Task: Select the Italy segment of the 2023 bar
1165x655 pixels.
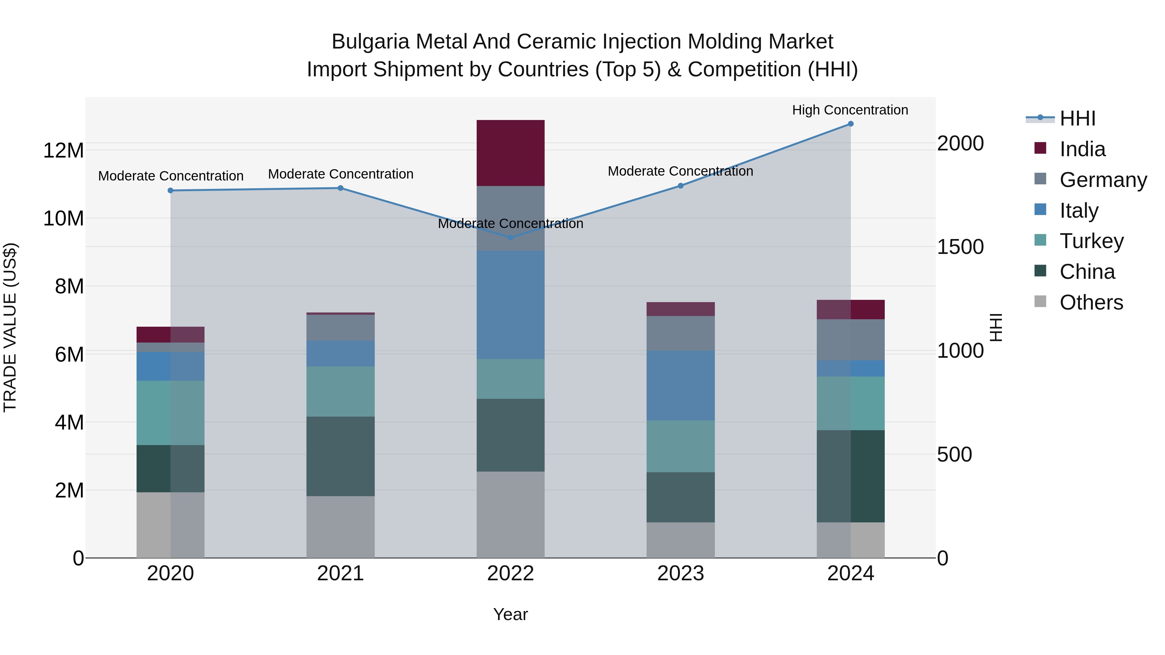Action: pyautogui.click(x=680, y=385)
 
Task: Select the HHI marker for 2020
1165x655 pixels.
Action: pyautogui.click(x=171, y=191)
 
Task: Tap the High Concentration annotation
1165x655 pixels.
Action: pyautogui.click(x=850, y=110)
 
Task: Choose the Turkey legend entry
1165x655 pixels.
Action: pyautogui.click(x=1091, y=241)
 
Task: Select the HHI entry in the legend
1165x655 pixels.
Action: pyautogui.click(x=1077, y=118)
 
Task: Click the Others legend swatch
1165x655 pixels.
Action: pyautogui.click(x=1040, y=301)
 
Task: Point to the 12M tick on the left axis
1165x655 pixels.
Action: pyautogui.click(x=63, y=150)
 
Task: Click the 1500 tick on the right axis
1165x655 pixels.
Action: pyautogui.click(x=960, y=247)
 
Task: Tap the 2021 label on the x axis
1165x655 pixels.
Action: pyautogui.click(x=340, y=573)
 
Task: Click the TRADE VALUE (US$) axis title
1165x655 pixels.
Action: pyautogui.click(x=10, y=327)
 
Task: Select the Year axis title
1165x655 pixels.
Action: pyautogui.click(x=510, y=614)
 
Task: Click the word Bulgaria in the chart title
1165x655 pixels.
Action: pyautogui.click(x=371, y=42)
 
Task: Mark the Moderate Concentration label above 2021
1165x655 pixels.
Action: pyautogui.click(x=340, y=174)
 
